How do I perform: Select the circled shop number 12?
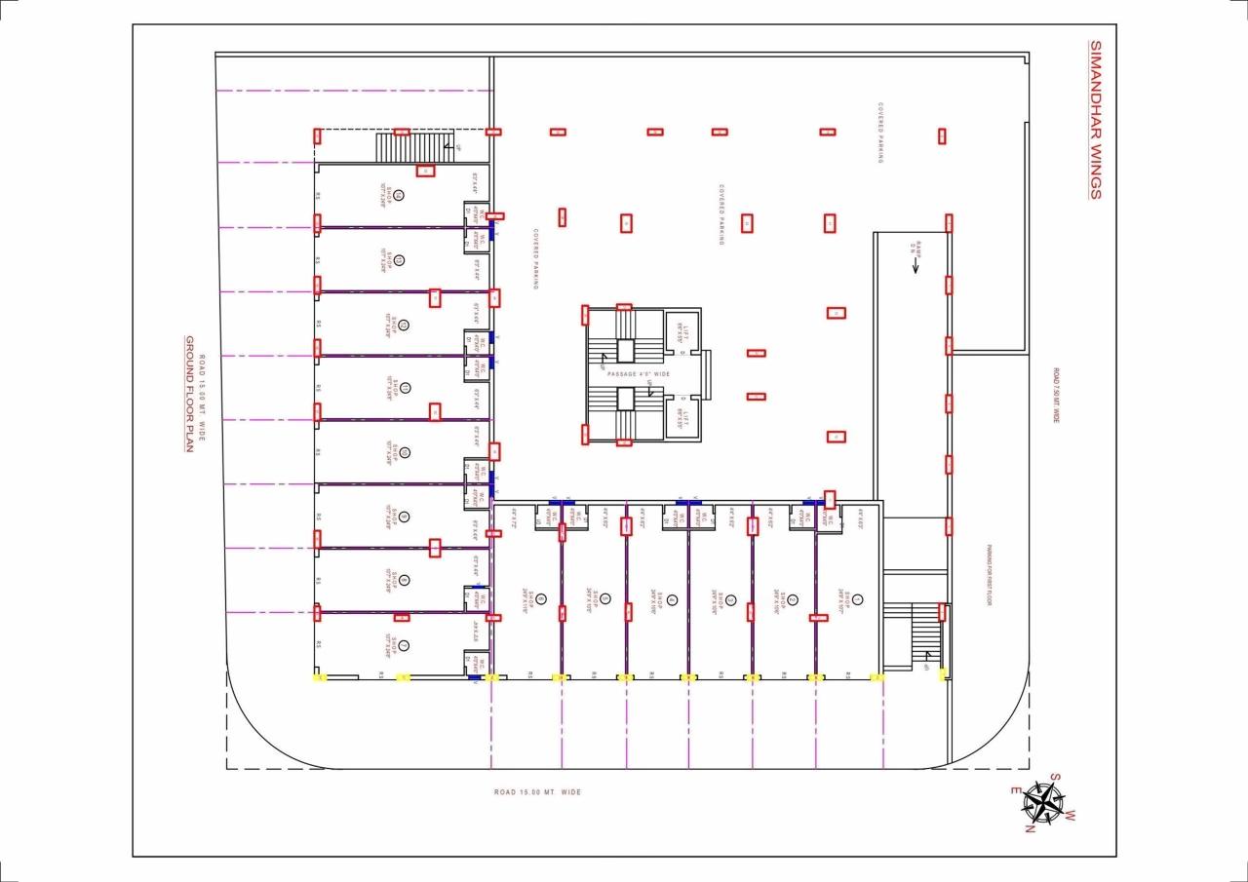(403, 325)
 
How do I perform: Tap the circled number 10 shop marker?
(405, 452)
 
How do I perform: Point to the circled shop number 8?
(404, 580)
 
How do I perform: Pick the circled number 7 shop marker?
(403, 644)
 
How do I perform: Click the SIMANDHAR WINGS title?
(1094, 120)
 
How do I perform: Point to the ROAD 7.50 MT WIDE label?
(1055, 395)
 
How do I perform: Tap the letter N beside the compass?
(1029, 829)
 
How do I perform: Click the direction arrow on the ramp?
(916, 266)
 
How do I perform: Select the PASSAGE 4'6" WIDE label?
(638, 374)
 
